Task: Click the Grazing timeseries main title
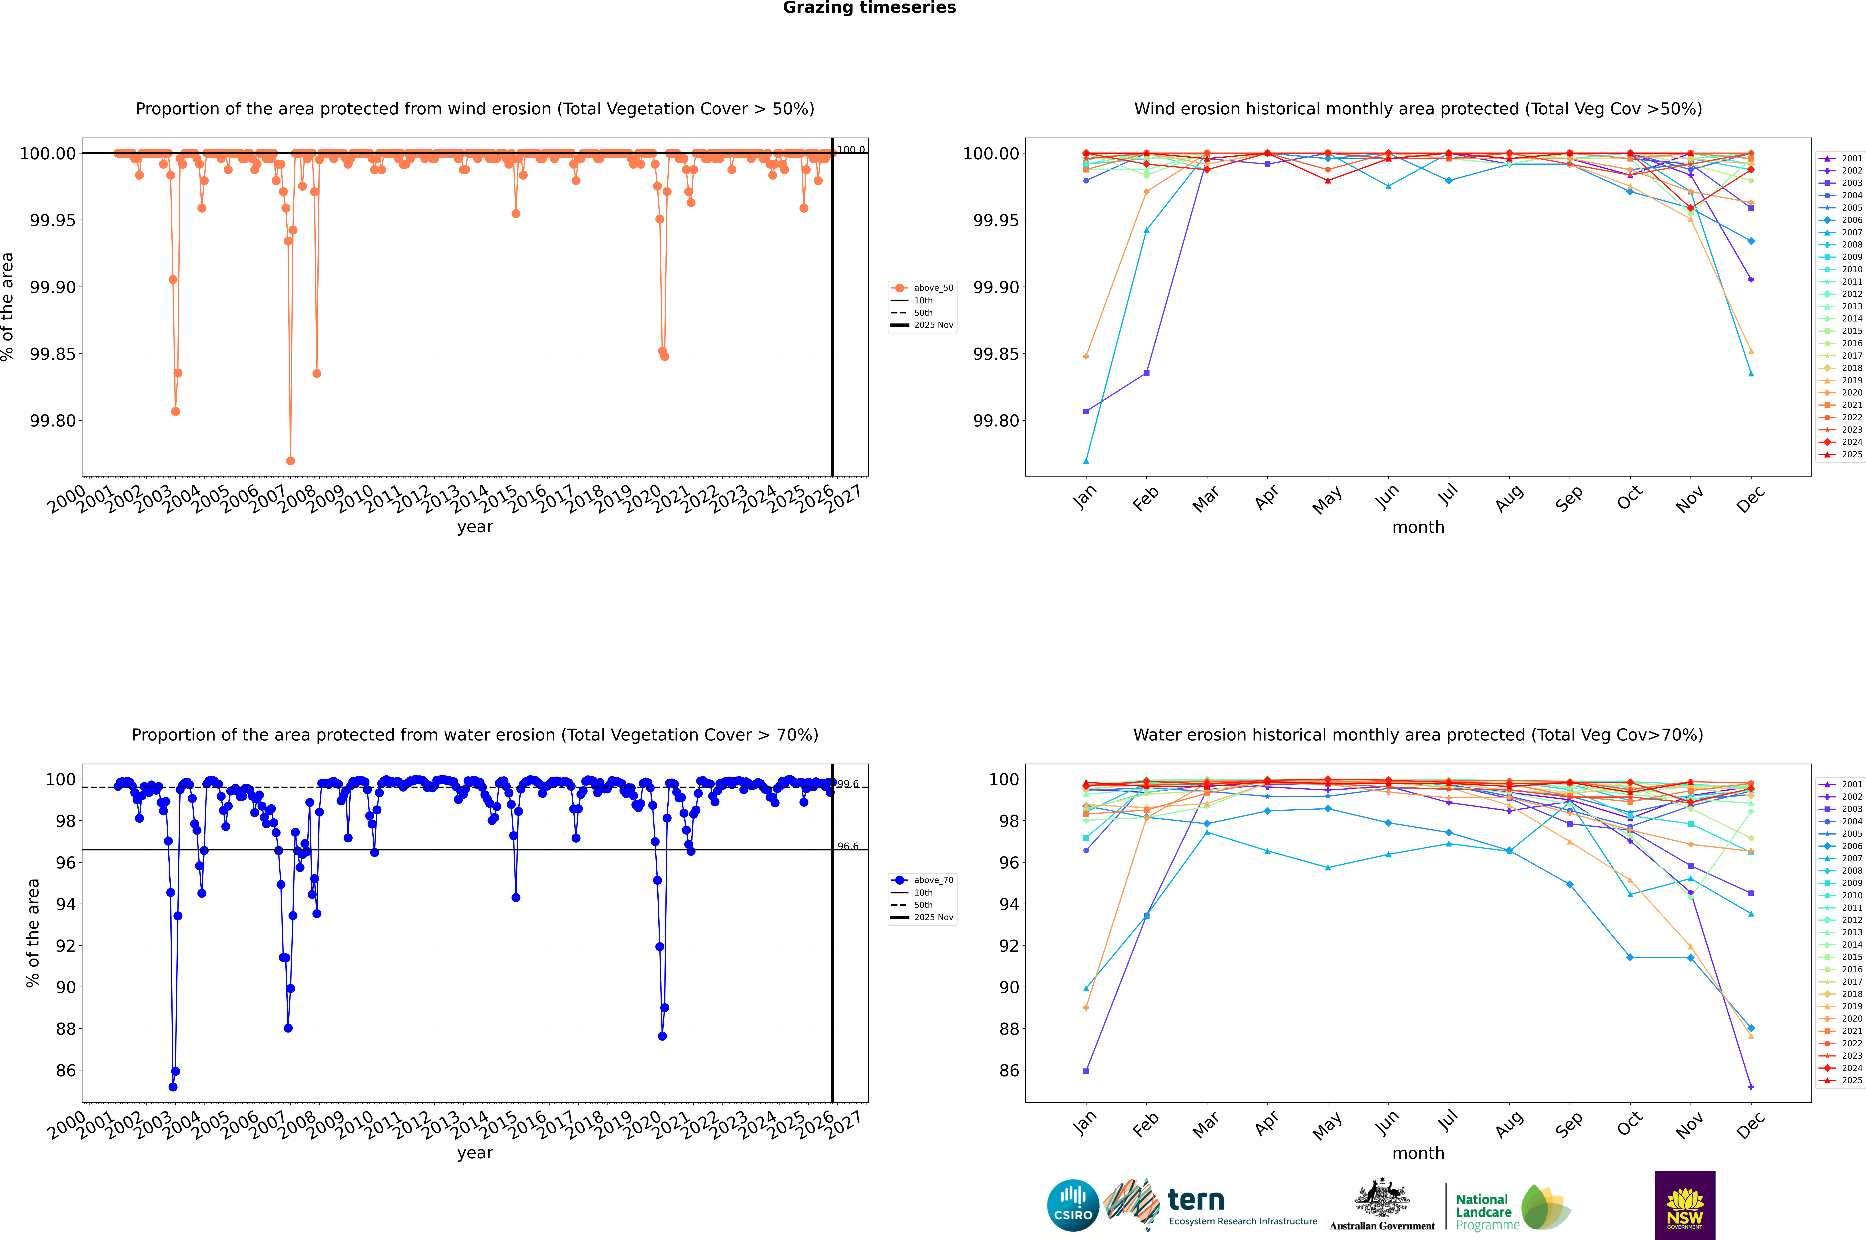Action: pos(869,8)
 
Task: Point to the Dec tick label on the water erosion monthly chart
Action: pos(1750,1124)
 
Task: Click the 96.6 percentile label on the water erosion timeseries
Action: pos(848,846)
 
